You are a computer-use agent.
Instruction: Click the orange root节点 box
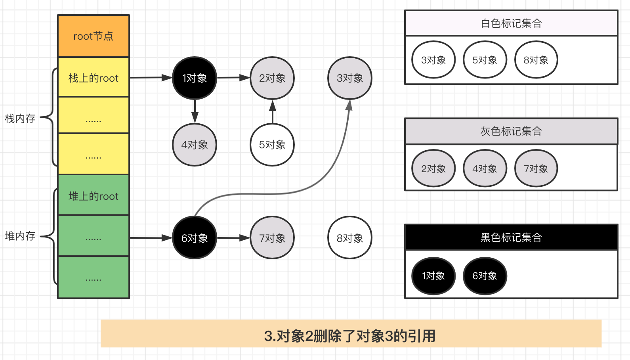pos(94,36)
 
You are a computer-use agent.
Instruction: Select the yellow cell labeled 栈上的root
pos(94,77)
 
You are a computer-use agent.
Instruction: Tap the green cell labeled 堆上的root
pos(94,195)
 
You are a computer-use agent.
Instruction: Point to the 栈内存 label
pos(20,119)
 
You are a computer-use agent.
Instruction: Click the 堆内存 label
pos(20,236)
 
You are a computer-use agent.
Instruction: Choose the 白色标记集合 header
pos(511,23)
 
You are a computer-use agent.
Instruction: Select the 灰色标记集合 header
pos(511,131)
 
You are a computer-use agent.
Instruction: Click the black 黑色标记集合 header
pos(511,237)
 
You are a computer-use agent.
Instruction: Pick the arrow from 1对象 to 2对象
pos(233,78)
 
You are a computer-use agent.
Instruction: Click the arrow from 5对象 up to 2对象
pos(272,112)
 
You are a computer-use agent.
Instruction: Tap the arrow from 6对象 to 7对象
pos(233,238)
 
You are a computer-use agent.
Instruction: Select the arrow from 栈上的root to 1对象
pos(151,77)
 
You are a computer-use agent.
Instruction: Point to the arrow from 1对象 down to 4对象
pos(195,111)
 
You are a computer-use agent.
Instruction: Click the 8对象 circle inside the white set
pos(536,60)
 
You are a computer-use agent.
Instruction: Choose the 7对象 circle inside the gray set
pos(536,169)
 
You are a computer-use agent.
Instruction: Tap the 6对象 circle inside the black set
pos(485,276)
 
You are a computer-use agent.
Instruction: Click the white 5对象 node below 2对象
pos(272,145)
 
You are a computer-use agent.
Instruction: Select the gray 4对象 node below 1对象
pos(195,145)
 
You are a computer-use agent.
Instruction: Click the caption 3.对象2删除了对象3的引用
pos(350,336)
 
